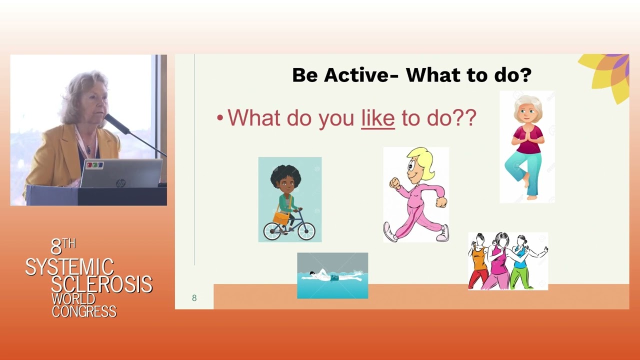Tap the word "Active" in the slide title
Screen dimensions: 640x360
(x=360, y=75)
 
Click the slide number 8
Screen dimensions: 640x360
(x=194, y=298)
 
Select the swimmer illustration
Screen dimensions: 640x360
(x=332, y=275)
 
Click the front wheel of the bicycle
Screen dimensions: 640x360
(x=306, y=231)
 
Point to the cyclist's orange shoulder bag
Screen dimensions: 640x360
(x=281, y=218)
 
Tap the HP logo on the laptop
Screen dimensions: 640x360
(x=120, y=182)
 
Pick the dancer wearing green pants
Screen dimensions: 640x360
(x=524, y=261)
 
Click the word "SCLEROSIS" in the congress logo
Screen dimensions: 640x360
(x=101, y=284)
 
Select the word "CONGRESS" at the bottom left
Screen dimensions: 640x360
(x=84, y=311)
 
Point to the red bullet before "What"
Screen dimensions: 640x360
(x=219, y=117)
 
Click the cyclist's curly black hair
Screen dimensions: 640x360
(x=285, y=175)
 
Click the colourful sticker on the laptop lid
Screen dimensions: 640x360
(x=95, y=164)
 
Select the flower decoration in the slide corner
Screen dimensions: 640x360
(x=608, y=75)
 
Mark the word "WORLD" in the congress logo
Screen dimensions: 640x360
(x=73, y=299)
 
